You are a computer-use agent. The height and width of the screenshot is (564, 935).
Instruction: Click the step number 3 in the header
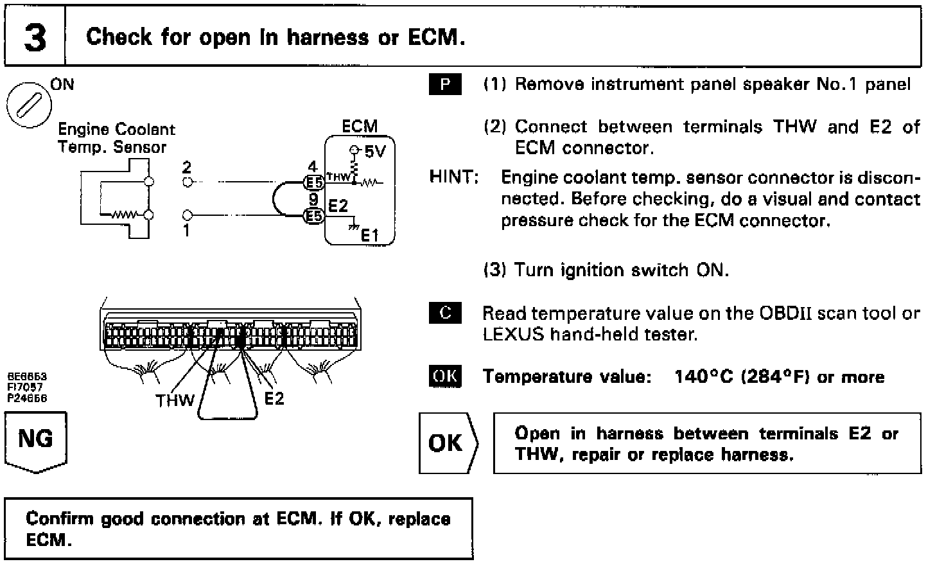[x=35, y=37]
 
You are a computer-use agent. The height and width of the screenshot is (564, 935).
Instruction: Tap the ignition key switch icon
[x=30, y=105]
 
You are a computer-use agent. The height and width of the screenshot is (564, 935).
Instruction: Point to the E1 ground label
[x=370, y=236]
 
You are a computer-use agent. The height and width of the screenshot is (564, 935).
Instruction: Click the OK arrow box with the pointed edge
[x=447, y=443]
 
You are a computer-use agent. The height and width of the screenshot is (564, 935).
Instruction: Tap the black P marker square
[x=444, y=85]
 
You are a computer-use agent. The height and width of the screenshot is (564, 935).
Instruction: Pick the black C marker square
[x=444, y=313]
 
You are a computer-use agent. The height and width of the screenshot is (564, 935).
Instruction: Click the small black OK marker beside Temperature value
[x=444, y=376]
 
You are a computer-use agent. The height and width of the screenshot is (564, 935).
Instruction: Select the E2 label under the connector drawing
[x=274, y=399]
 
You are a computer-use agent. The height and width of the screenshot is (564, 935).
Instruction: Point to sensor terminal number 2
[x=186, y=168]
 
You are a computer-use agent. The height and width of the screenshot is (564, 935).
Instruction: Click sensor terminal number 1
[x=186, y=230]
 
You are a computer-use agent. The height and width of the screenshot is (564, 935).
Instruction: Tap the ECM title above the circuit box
[x=360, y=127]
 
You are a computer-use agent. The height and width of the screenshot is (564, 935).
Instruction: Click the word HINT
[x=453, y=177]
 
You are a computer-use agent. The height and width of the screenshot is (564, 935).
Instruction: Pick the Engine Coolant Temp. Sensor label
[x=116, y=138]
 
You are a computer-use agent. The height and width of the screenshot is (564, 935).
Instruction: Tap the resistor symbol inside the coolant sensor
[x=122, y=215]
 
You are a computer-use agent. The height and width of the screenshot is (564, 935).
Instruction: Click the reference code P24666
[x=27, y=398]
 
